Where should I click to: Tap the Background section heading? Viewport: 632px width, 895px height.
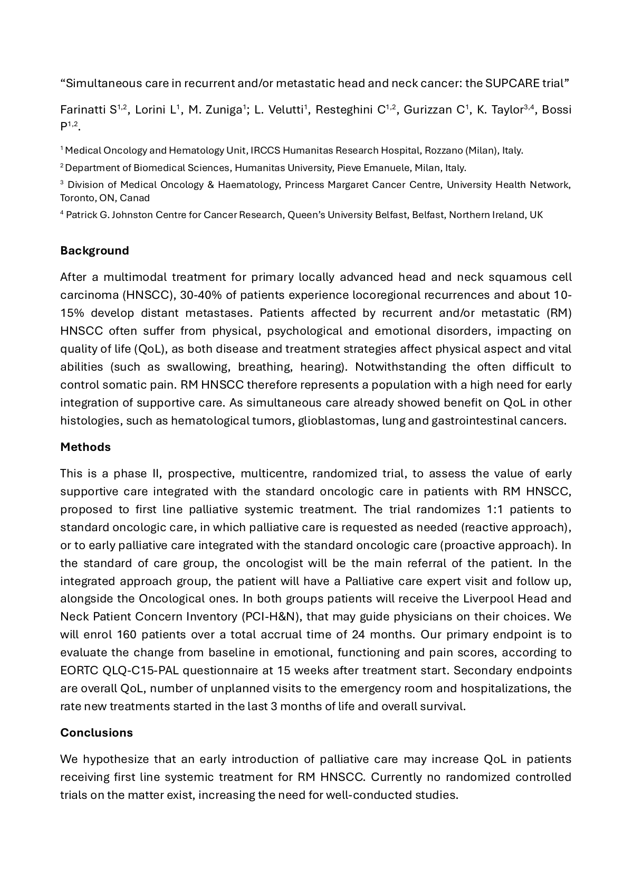tap(94, 250)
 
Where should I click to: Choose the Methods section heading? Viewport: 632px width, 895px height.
tap(85, 447)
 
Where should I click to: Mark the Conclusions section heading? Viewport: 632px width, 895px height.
tap(97, 732)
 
